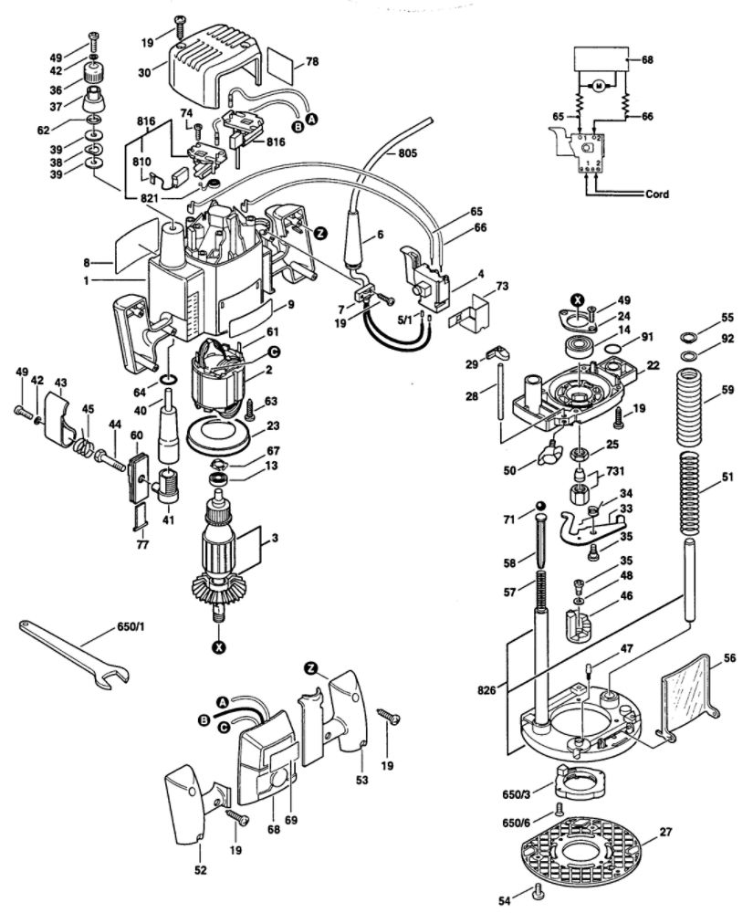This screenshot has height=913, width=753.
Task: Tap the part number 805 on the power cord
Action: click(407, 153)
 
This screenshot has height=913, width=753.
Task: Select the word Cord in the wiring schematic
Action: click(657, 194)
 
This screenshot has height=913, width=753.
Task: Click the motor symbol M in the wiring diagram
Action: click(600, 87)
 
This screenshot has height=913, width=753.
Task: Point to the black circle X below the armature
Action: click(219, 647)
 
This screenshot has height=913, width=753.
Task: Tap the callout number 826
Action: click(486, 690)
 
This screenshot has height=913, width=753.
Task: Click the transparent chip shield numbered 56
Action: click(691, 693)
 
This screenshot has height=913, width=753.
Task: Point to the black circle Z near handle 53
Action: click(310, 669)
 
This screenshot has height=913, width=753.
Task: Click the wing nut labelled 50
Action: click(549, 454)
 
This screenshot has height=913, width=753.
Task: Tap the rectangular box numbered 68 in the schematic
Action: click(601, 59)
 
